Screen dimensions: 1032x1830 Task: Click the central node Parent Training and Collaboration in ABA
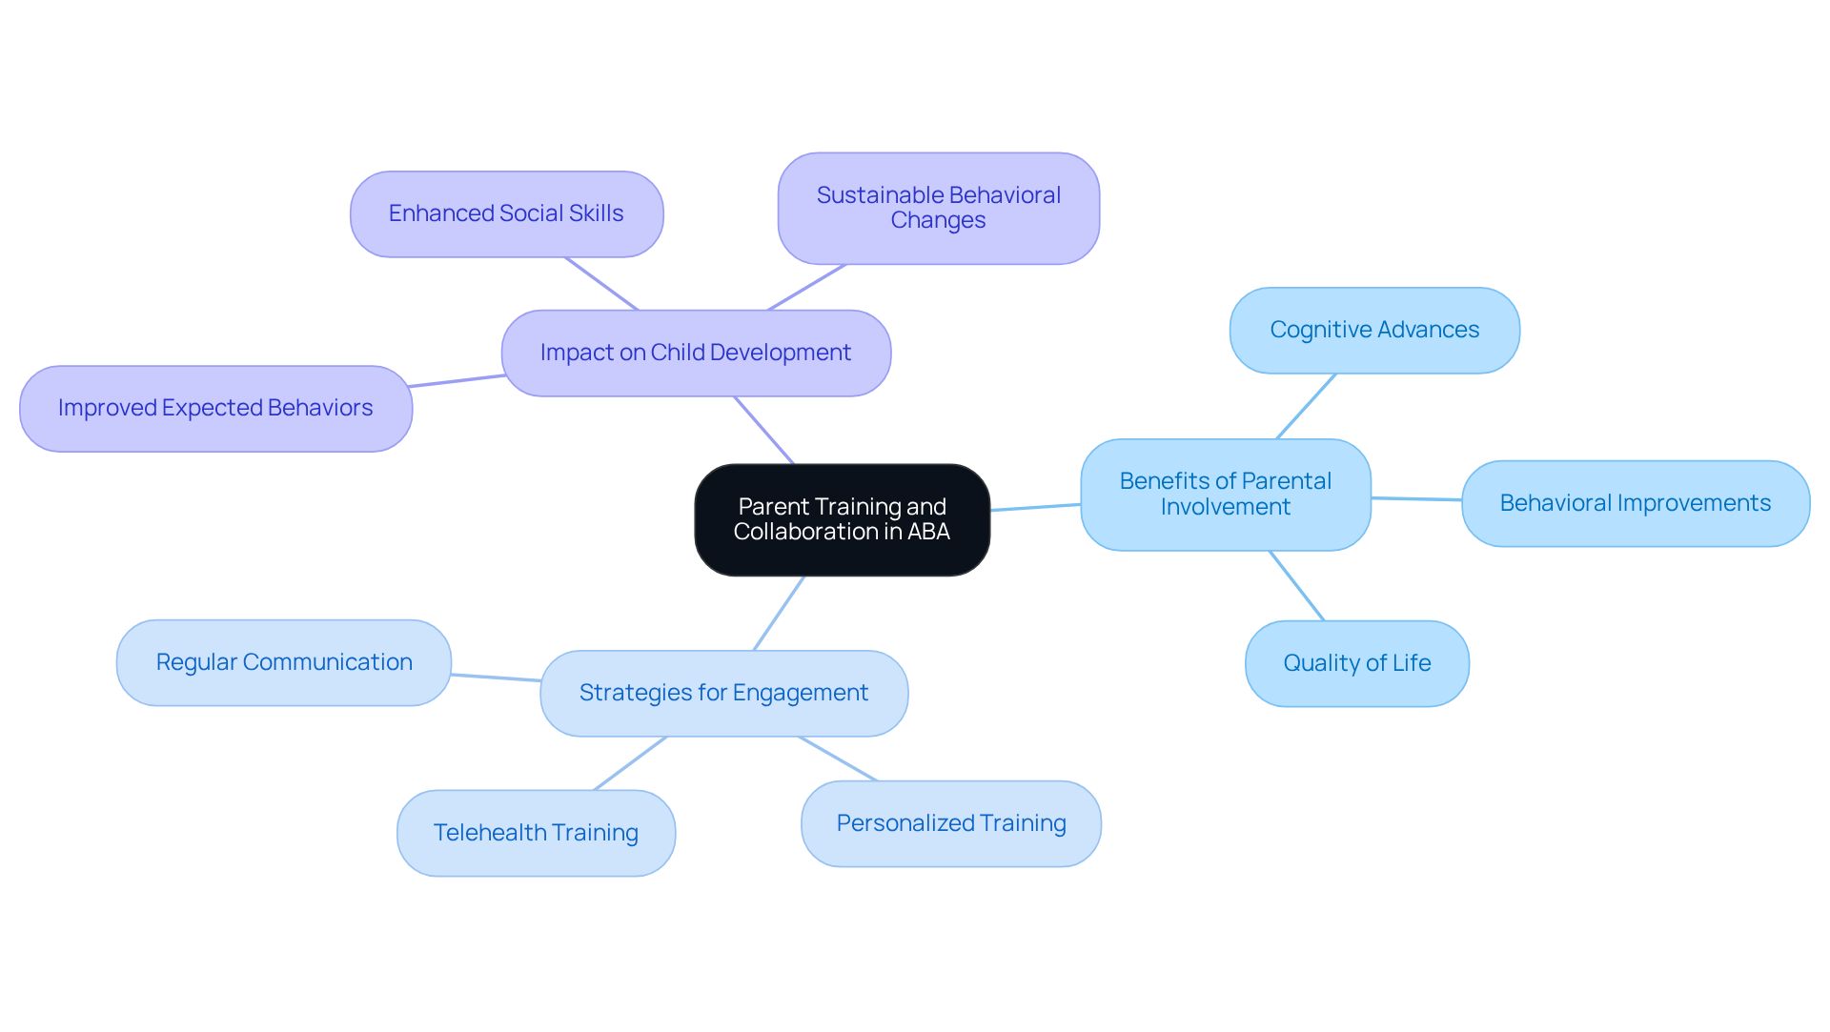[x=842, y=519]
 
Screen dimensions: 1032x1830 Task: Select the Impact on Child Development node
[x=696, y=353]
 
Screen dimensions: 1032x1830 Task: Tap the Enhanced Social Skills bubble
[x=506, y=213]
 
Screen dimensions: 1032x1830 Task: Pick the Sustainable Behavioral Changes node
[x=938, y=208]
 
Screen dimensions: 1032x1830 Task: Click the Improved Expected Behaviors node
[x=215, y=408]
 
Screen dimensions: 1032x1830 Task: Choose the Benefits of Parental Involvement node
[x=1225, y=494]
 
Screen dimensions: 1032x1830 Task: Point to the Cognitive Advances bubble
[x=1373, y=330]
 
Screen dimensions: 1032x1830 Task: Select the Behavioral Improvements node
[x=1635, y=503]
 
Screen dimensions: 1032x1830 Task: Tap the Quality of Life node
[x=1356, y=663]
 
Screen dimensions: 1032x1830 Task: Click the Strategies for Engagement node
[x=723, y=693]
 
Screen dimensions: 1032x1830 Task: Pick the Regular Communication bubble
[x=284, y=662]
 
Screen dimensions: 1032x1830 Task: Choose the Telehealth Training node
[x=536, y=833]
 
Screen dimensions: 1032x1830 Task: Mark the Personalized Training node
[x=950, y=823]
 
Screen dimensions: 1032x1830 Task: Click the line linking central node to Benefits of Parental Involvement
[x=1035, y=507]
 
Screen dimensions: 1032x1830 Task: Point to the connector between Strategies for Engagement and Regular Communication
[x=496, y=678]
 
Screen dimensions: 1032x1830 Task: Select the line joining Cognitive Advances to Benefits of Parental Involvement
[x=1306, y=406]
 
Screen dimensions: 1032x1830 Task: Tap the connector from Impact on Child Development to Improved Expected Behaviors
[x=457, y=381]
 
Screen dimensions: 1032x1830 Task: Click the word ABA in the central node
[x=928, y=532]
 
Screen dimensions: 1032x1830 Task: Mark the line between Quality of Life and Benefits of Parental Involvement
[x=1296, y=585]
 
